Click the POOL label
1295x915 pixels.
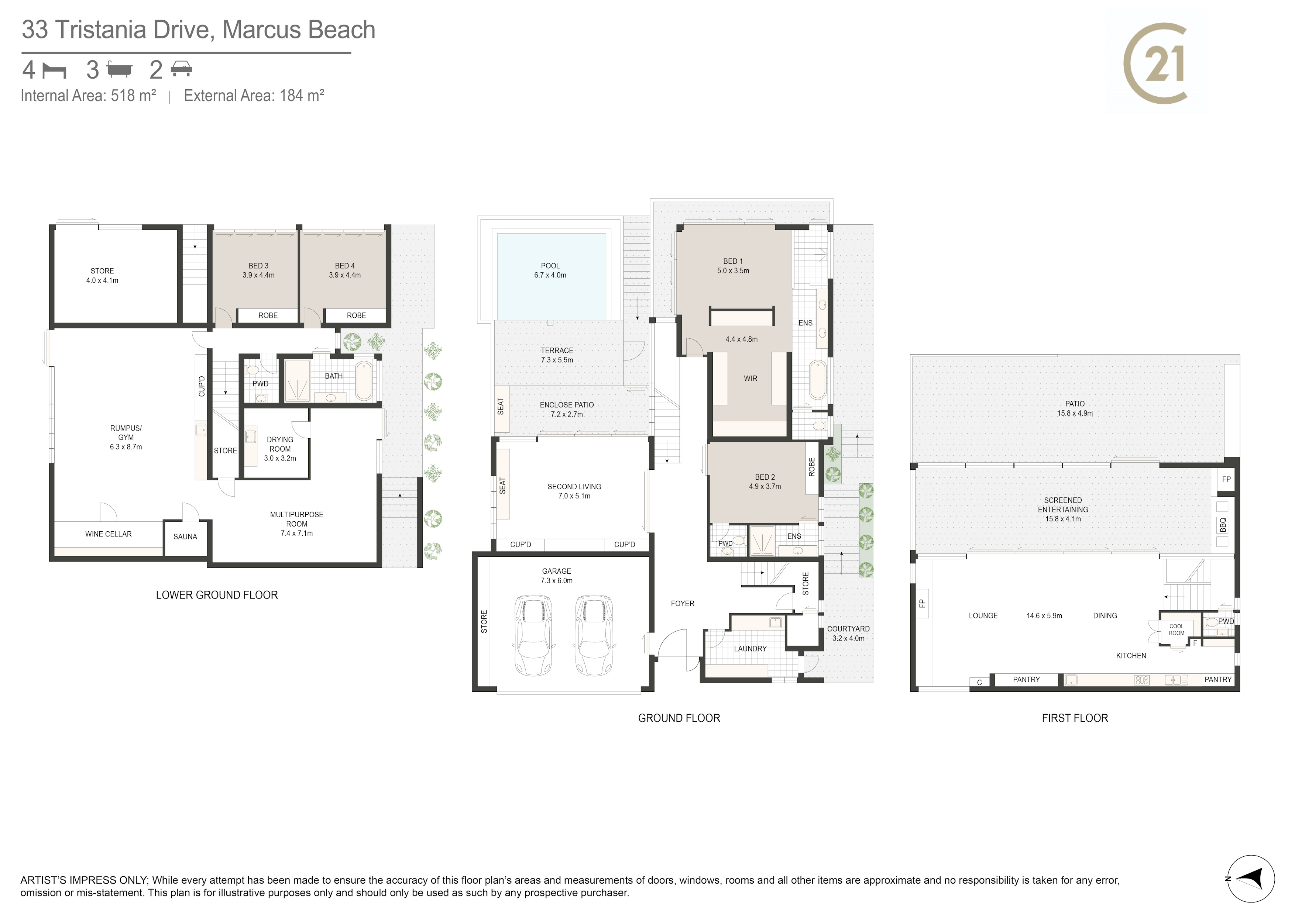[x=550, y=266]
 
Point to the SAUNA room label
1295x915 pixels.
[x=185, y=537]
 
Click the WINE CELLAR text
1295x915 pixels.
[x=108, y=534]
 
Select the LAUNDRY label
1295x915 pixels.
[x=750, y=649]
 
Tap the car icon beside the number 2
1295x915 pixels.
[x=182, y=70]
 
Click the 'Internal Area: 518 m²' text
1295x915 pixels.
[x=89, y=96]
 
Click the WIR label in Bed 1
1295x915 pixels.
[x=750, y=378]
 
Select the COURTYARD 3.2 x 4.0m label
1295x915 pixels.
[x=848, y=634]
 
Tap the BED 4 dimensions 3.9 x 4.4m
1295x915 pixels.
[x=345, y=275]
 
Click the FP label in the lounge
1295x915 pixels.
[x=922, y=603]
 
